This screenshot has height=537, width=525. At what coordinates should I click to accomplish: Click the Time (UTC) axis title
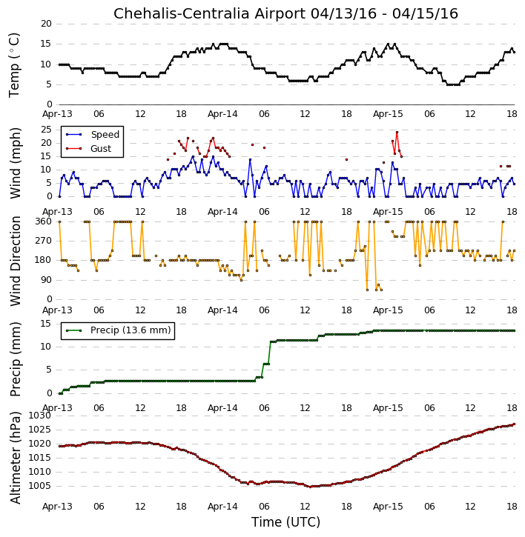[x=285, y=522]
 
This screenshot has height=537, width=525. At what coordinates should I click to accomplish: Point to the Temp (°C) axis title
[x=14, y=65]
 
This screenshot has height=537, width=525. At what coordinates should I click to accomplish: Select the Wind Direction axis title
[x=16, y=261]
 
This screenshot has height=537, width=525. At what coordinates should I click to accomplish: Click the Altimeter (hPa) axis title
[x=16, y=458]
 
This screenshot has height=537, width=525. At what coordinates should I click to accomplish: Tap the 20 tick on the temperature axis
[x=46, y=24]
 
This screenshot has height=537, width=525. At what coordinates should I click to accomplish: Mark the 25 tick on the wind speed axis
[x=46, y=130]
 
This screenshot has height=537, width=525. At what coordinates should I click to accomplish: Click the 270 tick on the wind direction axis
[x=43, y=241]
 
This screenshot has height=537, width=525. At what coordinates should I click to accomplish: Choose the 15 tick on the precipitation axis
[x=46, y=324]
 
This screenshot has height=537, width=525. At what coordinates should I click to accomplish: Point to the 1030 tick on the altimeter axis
[x=40, y=416]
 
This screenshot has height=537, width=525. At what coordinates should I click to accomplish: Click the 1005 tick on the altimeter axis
[x=40, y=486]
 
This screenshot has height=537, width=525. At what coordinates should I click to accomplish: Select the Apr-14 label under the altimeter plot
[x=222, y=507]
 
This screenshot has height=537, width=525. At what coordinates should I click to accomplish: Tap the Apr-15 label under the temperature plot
[x=388, y=114]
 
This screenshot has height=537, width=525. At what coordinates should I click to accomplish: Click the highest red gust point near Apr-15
[x=397, y=132]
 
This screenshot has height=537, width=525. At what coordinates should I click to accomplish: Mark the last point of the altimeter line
[x=514, y=424]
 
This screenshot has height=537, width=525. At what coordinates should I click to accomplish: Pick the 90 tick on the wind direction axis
[x=46, y=280]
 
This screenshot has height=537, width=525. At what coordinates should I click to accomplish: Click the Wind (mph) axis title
[x=16, y=163]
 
